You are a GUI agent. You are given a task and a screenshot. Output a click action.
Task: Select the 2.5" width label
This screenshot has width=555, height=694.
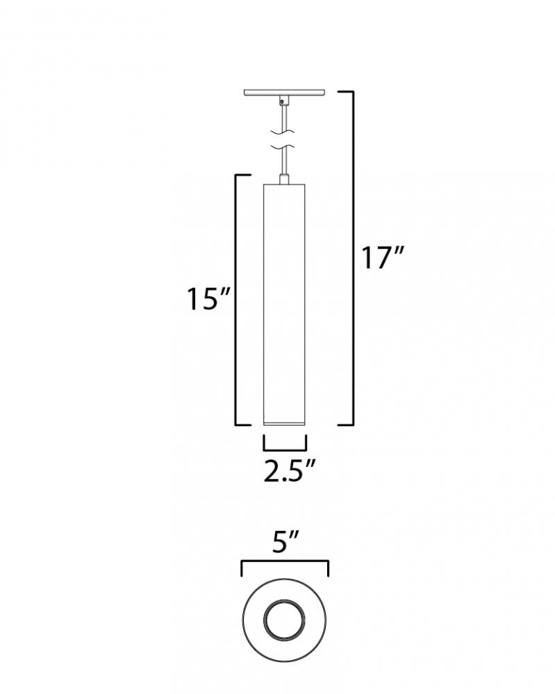tap(289, 471)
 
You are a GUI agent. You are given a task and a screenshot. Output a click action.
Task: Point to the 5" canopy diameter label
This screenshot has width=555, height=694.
tap(286, 541)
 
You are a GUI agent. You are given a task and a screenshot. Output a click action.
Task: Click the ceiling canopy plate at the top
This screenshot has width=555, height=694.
tap(284, 92)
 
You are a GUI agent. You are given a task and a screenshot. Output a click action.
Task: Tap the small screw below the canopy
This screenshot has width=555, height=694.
tap(282, 103)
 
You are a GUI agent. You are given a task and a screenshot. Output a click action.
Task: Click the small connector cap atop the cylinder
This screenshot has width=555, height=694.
tap(284, 179)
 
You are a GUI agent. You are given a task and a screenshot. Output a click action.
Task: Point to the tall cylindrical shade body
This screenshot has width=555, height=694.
tap(284, 303)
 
